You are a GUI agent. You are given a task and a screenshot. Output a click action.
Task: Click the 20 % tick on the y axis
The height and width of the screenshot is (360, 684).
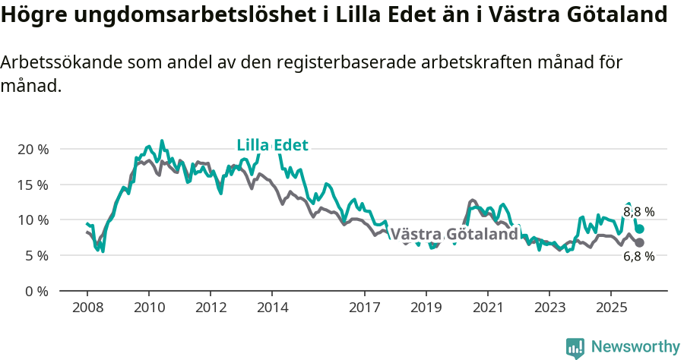33,149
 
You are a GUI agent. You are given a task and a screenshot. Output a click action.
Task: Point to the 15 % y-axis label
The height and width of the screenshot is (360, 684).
33,185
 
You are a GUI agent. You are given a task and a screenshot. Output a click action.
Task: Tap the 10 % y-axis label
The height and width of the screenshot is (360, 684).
33,220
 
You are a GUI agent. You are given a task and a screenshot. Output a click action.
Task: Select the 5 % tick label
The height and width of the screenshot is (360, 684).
36,256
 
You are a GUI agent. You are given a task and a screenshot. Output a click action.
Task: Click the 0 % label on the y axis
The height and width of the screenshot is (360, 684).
36,291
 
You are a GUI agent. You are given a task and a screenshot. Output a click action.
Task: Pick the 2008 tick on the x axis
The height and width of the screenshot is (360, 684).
87,308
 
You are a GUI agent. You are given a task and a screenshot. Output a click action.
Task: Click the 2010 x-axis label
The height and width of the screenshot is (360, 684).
148,308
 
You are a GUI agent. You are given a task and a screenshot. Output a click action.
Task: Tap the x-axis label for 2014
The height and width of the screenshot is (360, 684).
272,308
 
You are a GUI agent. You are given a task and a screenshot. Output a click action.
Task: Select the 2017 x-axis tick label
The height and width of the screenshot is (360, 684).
364,308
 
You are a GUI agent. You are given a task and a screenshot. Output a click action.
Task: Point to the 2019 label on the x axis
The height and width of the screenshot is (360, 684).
426,308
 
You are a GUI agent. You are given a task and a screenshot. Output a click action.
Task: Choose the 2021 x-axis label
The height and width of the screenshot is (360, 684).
487,308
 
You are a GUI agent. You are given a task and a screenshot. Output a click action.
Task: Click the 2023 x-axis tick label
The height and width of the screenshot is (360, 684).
549,308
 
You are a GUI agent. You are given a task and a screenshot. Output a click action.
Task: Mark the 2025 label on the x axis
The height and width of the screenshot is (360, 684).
611,308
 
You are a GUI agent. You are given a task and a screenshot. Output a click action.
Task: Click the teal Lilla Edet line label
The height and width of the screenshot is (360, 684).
272,145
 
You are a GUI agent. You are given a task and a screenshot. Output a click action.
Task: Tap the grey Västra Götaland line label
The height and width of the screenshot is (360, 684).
454,235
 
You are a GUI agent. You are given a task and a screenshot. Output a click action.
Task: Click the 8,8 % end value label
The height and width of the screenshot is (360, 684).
638,213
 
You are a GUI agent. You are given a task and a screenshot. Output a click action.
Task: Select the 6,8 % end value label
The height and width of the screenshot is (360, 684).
638,257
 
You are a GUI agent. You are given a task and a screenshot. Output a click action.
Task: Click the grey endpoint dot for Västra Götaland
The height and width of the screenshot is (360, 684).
639,242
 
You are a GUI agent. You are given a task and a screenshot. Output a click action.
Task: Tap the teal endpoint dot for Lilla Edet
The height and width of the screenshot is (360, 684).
640,229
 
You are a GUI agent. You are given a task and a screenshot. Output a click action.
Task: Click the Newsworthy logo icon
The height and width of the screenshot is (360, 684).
575,347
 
